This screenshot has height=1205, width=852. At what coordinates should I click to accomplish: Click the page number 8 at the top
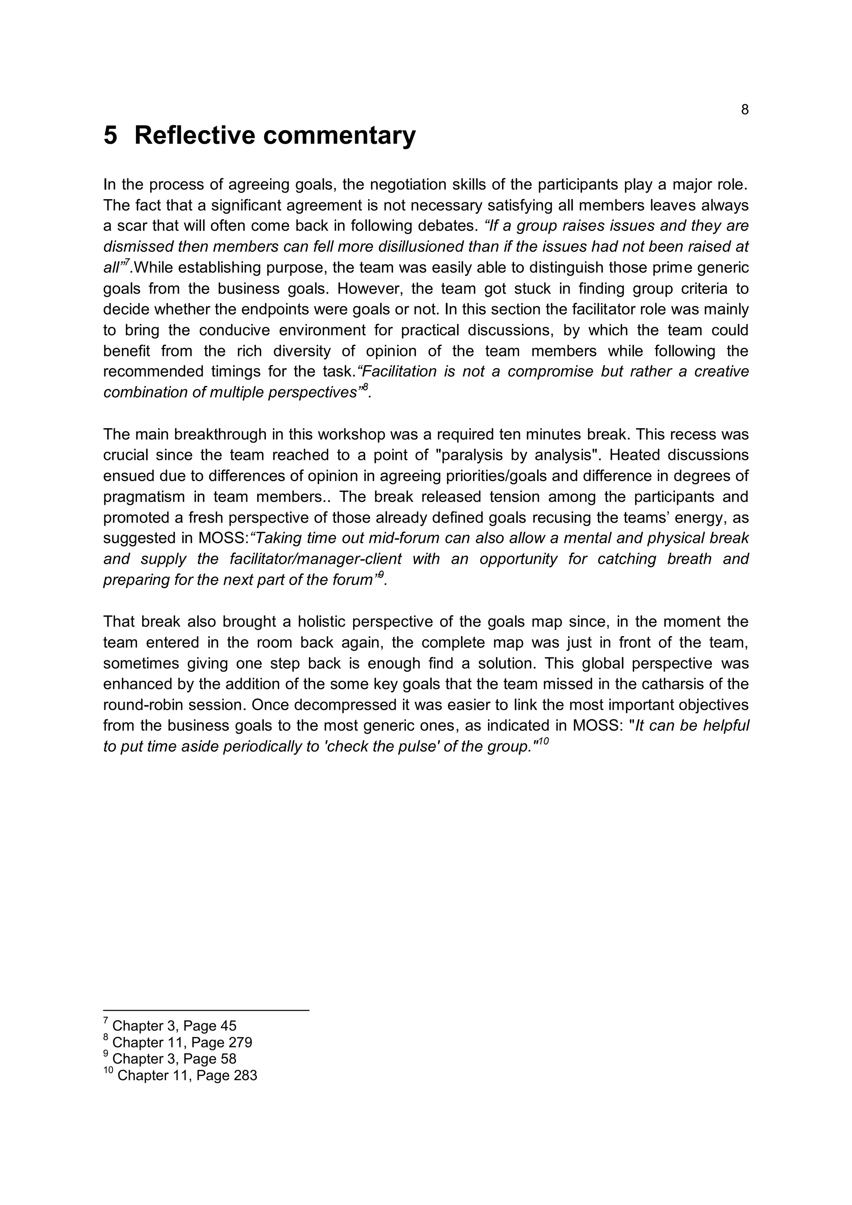tap(744, 110)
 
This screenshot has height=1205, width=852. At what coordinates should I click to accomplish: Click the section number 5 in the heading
tap(110, 136)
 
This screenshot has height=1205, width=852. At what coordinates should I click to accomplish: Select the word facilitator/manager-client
tap(315, 559)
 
